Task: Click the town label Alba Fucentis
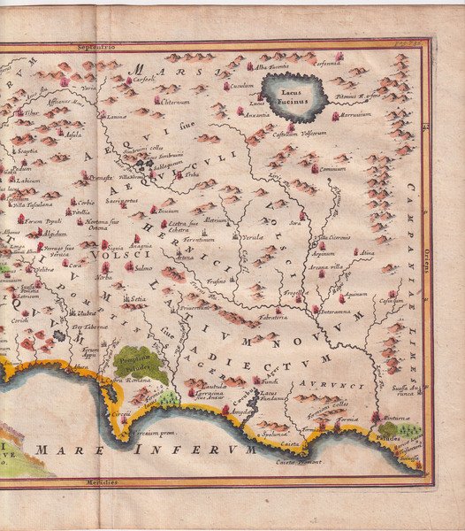pyautogui.click(x=273, y=66)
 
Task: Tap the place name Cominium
pyautogui.click(x=332, y=168)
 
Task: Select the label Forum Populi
pyautogui.click(x=43, y=220)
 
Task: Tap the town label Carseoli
pyautogui.click(x=145, y=78)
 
